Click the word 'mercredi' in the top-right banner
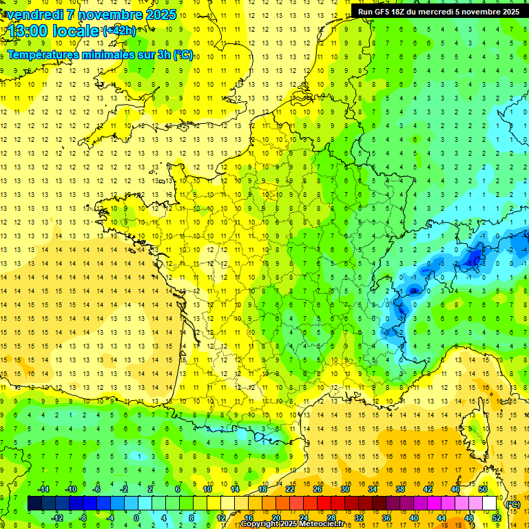(x=432, y=12)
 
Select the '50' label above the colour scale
(x=482, y=489)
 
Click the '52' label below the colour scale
(x=496, y=518)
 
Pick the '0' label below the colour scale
(x=136, y=518)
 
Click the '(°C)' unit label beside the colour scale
(x=513, y=504)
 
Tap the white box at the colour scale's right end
(x=489, y=504)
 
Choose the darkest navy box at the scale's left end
(x=34, y=504)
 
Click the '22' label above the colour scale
(x=290, y=489)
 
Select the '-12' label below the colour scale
(x=57, y=518)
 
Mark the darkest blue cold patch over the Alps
(x=474, y=258)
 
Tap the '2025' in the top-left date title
(x=156, y=14)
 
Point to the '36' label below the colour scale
(x=386, y=518)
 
